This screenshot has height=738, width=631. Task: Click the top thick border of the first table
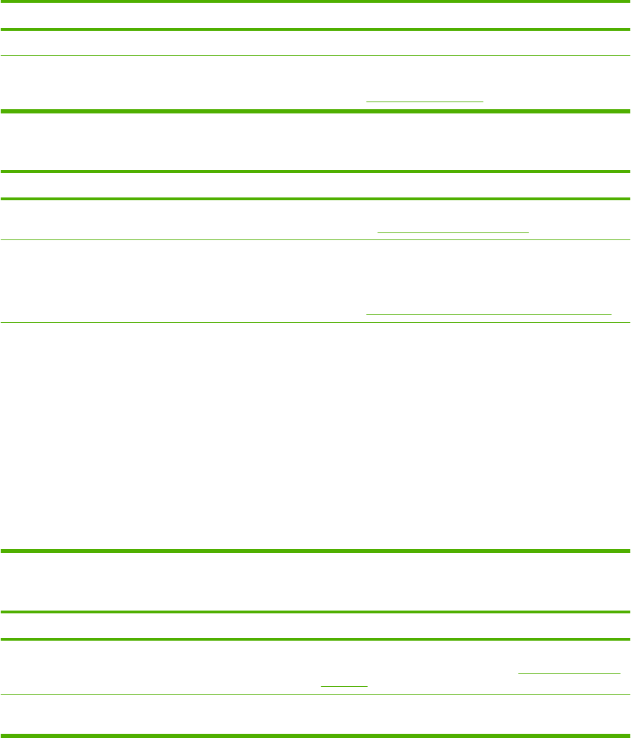point(315,2)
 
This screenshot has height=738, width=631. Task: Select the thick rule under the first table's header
point(315,29)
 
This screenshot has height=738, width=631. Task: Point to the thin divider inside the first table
point(315,56)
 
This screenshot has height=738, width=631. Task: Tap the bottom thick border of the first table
point(315,111)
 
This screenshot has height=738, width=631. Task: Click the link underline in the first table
point(425,102)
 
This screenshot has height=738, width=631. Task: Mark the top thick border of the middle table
point(315,172)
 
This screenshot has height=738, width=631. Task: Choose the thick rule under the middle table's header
point(315,200)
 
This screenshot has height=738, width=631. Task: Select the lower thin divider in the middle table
point(315,322)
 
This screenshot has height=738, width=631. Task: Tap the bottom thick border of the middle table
point(315,551)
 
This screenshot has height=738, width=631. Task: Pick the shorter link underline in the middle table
point(452,232)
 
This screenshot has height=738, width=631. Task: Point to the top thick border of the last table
point(315,612)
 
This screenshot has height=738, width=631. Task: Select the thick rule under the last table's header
point(315,639)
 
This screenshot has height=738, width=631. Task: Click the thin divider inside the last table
point(315,694)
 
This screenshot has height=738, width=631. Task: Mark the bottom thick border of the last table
point(315,735)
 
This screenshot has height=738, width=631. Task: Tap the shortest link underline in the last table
point(344,685)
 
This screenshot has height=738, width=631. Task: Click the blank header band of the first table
point(315,16)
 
